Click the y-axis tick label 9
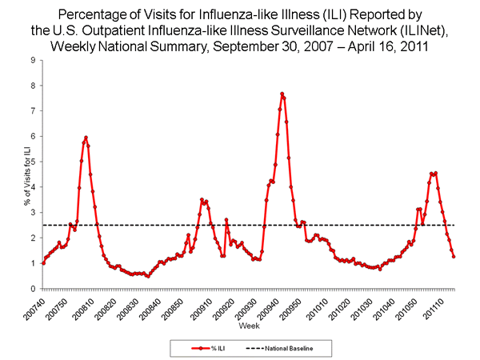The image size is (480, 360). tap(32, 60)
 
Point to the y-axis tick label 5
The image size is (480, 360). tap(32, 162)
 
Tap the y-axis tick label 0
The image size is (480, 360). tap(32, 289)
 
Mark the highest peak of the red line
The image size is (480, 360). tap(282, 94)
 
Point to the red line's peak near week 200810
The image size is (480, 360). tap(86, 138)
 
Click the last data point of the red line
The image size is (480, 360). tap(454, 256)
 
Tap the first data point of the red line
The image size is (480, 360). tap(43, 262)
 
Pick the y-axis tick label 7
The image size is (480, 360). tap(32, 110)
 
